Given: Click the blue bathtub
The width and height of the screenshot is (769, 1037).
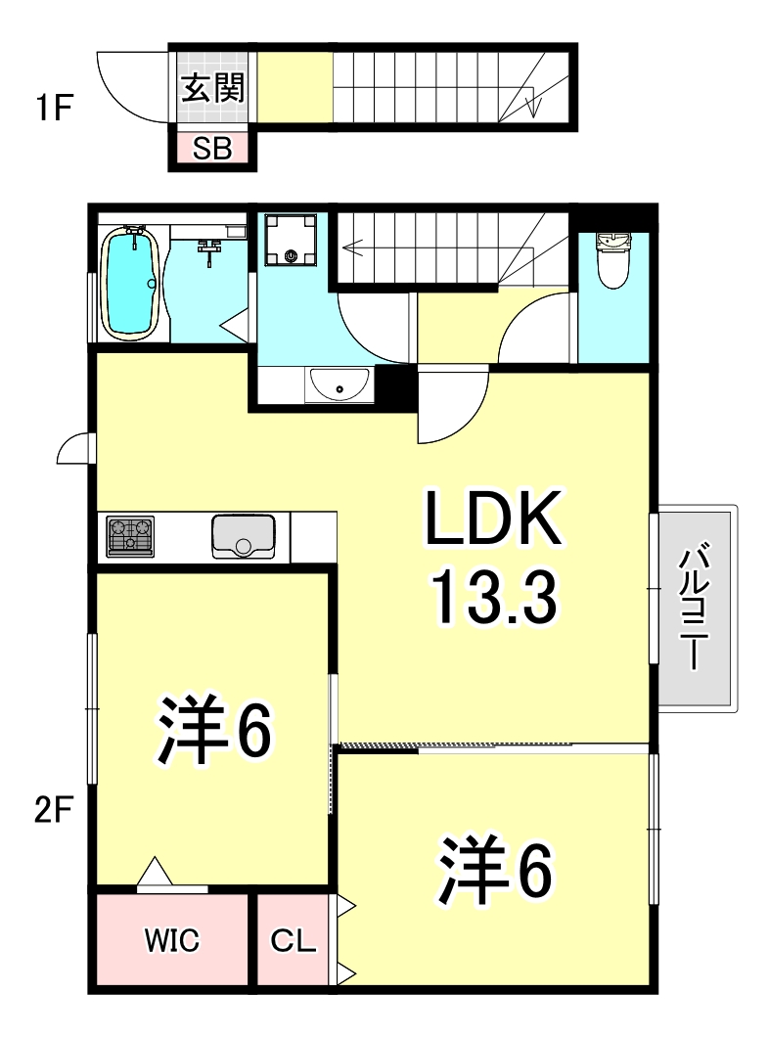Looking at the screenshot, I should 130,284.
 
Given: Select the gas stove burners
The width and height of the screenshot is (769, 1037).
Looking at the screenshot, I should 131,536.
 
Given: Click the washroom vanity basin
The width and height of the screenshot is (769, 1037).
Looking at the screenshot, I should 339,385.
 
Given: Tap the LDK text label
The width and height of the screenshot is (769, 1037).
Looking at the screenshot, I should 492,521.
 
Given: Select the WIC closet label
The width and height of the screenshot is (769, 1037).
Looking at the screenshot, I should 172,941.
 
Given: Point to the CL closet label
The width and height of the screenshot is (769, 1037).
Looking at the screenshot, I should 294,942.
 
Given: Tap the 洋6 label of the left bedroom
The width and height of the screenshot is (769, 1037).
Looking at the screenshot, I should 212,732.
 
